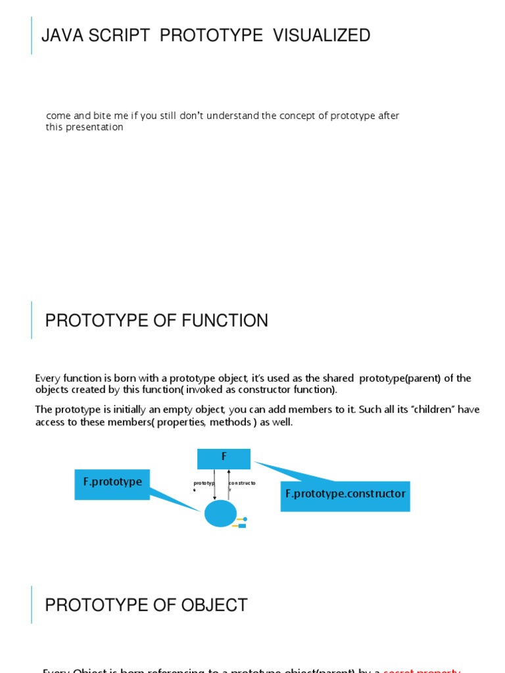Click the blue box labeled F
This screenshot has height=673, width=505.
pyautogui.click(x=224, y=458)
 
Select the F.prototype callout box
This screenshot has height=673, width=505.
pyautogui.click(x=112, y=483)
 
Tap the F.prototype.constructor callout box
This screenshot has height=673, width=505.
pyautogui.click(x=345, y=494)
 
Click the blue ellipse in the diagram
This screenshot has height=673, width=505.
pyautogui.click(x=220, y=513)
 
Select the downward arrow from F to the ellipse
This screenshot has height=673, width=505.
pyautogui.click(x=214, y=486)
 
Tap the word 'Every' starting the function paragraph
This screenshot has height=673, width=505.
pyautogui.click(x=48, y=378)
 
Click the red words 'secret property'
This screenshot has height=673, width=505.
pyautogui.click(x=421, y=670)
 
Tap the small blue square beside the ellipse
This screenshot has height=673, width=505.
pyautogui.click(x=243, y=526)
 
